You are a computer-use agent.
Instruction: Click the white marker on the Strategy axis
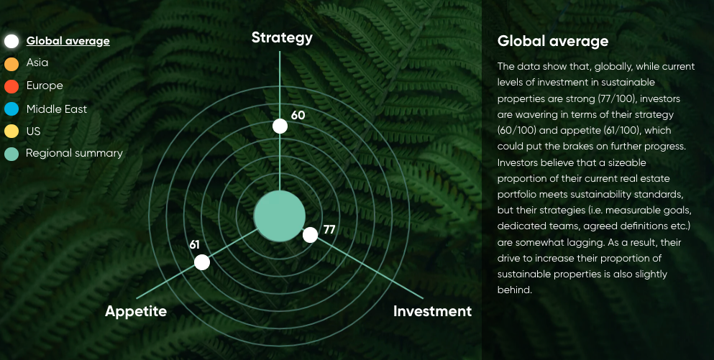pos(280,126)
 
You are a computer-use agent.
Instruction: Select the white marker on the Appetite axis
pos(202,262)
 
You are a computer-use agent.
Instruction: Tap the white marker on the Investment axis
pos(310,235)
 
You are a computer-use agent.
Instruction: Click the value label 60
pos(298,115)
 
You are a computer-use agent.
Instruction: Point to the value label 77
pos(329,229)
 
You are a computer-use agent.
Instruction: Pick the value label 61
pos(194,245)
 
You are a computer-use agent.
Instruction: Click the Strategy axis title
pos(282,38)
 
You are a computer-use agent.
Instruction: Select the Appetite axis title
pos(136,312)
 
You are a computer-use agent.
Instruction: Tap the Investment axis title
pos(432,311)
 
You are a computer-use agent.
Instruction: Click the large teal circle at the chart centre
pos(280,216)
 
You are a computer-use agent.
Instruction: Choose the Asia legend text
pos(37,63)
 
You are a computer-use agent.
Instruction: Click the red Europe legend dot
pos(12,86)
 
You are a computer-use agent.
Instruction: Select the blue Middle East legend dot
pos(12,109)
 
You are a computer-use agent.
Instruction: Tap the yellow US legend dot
pos(12,131)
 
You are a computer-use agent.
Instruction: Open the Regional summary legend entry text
pos(74,153)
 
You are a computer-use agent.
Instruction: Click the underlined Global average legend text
pos(68,41)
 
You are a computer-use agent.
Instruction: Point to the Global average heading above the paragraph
pos(553,41)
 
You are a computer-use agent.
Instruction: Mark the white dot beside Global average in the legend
pos(12,41)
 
